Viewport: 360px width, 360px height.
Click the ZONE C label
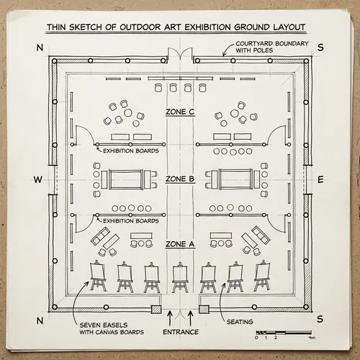pos(180,112)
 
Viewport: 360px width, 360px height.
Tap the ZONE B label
pos(180,179)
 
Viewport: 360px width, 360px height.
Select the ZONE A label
pos(180,244)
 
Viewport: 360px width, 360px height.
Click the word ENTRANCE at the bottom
pos(180,332)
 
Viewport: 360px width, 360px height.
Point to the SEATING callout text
pos(239,321)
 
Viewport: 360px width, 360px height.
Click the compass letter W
pos(38,179)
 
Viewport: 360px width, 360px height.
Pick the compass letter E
pos(320,179)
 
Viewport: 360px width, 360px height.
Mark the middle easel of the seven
pos(180,276)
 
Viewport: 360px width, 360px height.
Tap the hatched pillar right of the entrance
pos(204,308)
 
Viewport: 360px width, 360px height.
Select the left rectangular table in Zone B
pos(126,178)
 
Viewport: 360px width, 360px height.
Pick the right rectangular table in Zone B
pos(234,178)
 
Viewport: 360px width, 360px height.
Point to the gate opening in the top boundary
pos(180,55)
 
